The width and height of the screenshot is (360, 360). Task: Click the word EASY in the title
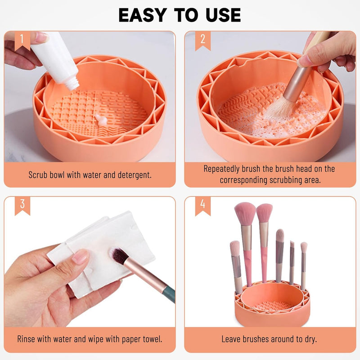[142, 15]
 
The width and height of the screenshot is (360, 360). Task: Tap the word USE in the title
[223, 15]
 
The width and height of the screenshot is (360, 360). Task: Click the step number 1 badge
[22, 40]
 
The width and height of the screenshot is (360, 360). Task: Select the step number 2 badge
[203, 40]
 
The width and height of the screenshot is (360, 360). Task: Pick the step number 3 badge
[22, 206]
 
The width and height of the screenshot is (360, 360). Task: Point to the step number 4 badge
[203, 206]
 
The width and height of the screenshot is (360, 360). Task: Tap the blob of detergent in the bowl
[101, 120]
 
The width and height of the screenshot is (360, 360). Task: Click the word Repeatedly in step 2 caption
[221, 169]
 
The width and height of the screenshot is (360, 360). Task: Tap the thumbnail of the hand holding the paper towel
[80, 256]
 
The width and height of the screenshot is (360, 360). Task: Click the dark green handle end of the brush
[170, 293]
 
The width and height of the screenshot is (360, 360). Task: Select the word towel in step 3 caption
[152, 339]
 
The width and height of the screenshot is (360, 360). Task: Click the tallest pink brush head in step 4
[245, 213]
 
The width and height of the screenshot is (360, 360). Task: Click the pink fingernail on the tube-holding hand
[41, 37]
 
